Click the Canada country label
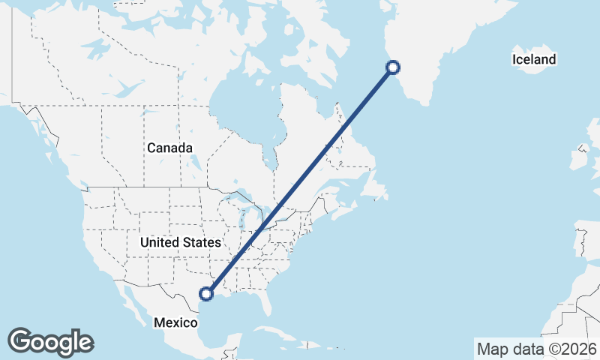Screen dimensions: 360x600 click(x=169, y=148)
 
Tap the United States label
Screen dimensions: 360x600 click(x=181, y=242)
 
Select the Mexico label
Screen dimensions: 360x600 click(x=175, y=322)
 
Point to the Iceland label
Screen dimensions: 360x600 click(x=534, y=59)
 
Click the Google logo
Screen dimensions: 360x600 click(x=50, y=342)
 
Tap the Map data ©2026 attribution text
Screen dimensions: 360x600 click(x=537, y=349)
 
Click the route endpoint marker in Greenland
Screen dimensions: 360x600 click(x=392, y=68)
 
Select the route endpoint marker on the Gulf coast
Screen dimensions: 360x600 click(x=207, y=294)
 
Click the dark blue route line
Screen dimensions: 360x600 click(x=300, y=181)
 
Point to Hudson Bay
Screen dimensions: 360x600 click(x=240, y=97)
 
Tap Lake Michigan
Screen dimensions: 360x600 click(x=247, y=221)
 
